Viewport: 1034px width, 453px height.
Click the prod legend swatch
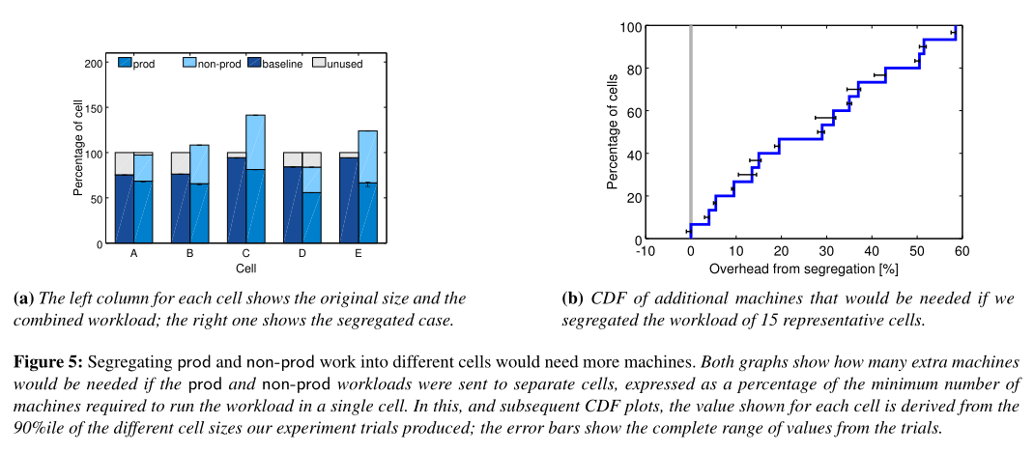point(125,63)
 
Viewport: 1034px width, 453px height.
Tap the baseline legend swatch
point(254,63)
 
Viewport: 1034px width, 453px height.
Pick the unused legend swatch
point(320,63)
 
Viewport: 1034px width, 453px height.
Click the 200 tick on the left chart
point(94,63)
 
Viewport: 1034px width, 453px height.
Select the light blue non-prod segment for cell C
point(255,142)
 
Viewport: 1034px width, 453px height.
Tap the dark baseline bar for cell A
point(124,209)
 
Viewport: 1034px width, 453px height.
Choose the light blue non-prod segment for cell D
point(311,180)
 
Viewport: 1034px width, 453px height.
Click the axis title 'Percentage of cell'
point(78,154)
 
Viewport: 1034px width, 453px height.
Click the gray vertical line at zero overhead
point(690,126)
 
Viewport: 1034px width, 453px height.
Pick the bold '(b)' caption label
point(572,297)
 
